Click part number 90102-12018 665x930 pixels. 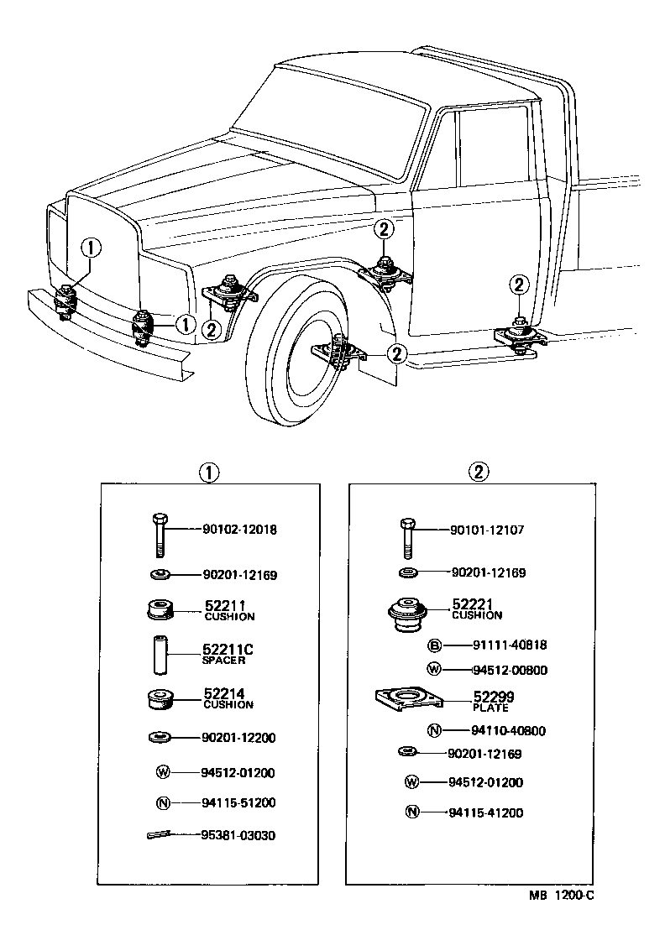click(x=239, y=530)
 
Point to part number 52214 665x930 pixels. click(x=226, y=693)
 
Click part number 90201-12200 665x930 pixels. click(x=239, y=738)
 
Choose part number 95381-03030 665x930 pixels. click(x=238, y=836)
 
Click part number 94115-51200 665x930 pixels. click(x=238, y=802)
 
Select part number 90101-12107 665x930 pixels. click(x=488, y=530)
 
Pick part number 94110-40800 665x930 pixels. click(x=486, y=731)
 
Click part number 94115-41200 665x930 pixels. click(x=486, y=812)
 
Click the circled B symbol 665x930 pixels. click(x=434, y=645)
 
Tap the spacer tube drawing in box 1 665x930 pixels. click(x=160, y=651)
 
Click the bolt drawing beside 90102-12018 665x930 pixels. click(x=160, y=533)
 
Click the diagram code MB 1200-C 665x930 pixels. click(x=561, y=896)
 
